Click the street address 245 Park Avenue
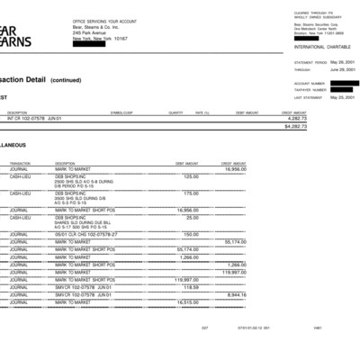(90, 33)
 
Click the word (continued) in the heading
(67, 79)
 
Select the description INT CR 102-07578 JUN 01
(34, 118)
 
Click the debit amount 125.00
(191, 176)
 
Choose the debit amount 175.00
(191, 193)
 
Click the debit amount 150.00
(192, 234)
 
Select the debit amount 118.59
(191, 287)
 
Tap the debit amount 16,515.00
(187, 302)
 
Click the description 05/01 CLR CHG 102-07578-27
(86, 234)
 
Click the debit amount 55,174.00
(187, 249)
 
